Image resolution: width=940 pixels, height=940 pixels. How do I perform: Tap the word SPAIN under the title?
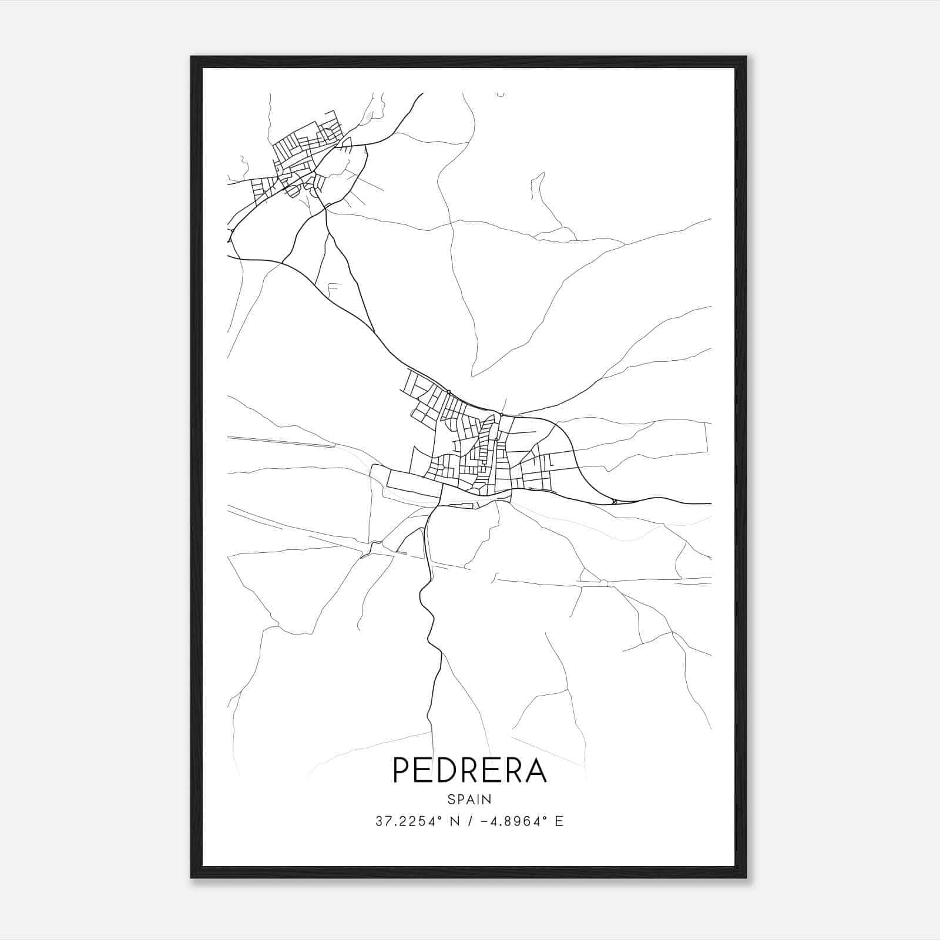point(469,799)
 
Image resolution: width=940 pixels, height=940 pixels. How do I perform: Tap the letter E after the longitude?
point(559,821)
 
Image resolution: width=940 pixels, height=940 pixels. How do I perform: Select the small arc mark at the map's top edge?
point(501,94)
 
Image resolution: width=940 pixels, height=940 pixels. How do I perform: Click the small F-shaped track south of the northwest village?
point(334,288)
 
